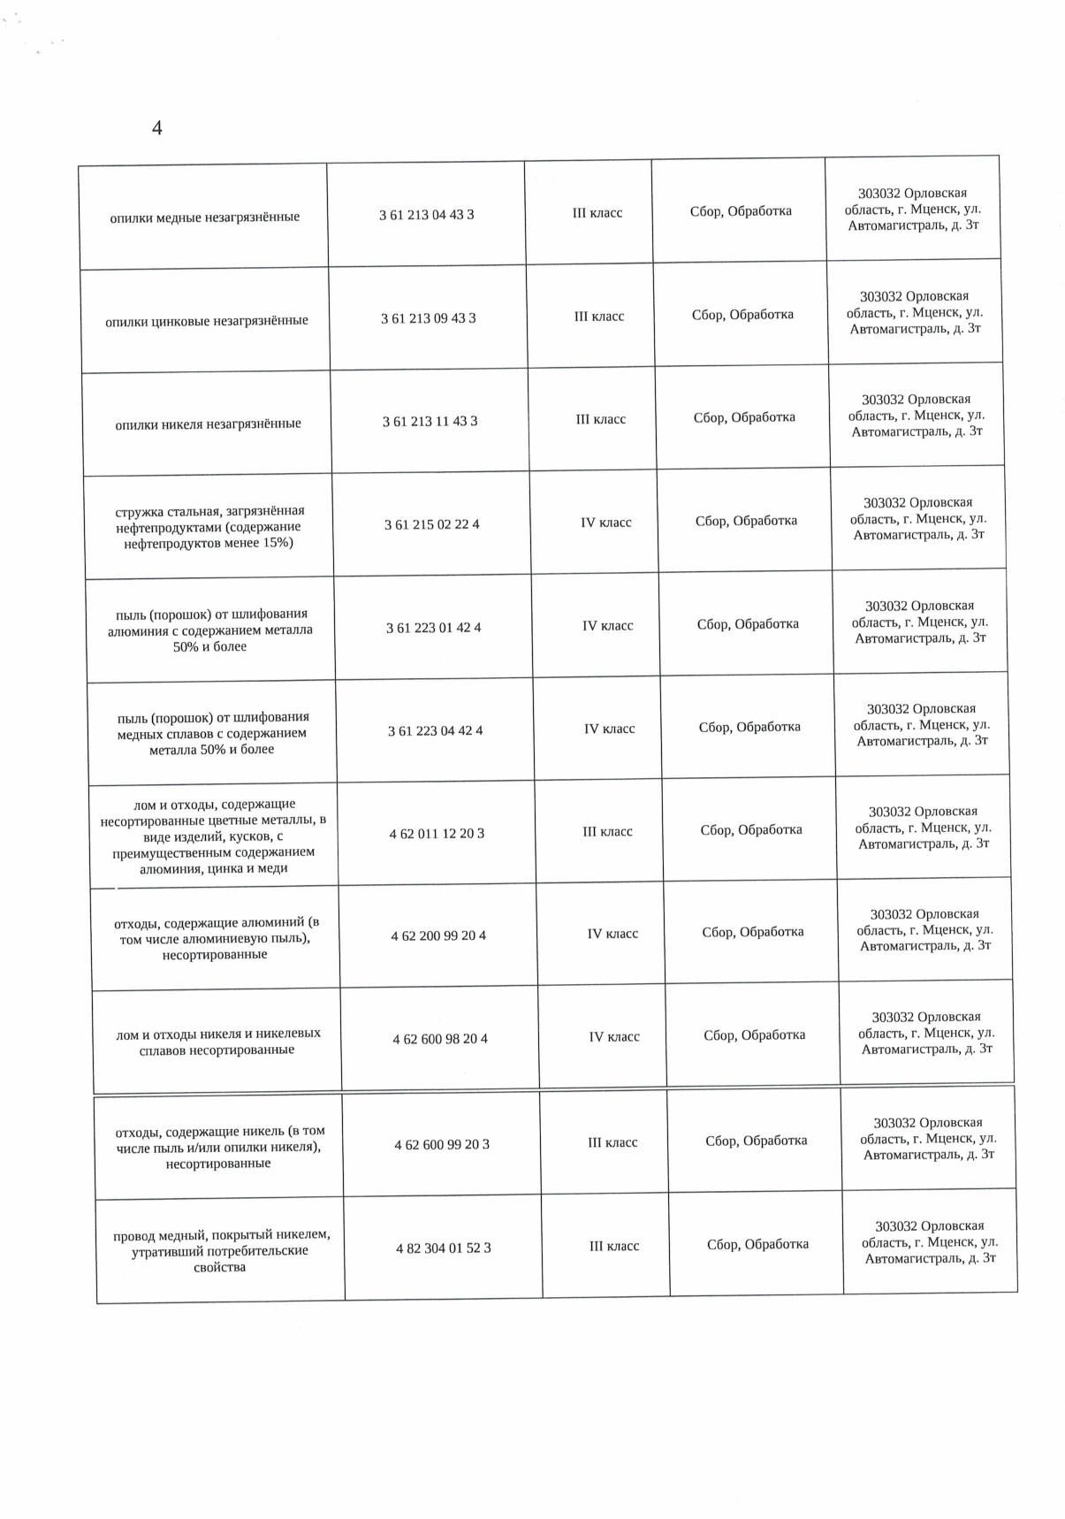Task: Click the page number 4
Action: (157, 128)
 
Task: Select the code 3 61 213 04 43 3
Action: (426, 215)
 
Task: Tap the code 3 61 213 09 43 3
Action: (428, 318)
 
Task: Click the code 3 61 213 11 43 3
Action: (430, 422)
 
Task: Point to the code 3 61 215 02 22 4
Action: (431, 524)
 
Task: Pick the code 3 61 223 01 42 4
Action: (433, 628)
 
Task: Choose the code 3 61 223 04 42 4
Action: (435, 731)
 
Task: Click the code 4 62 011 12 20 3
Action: (437, 834)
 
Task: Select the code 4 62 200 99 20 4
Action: (438, 935)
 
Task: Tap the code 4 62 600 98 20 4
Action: (440, 1039)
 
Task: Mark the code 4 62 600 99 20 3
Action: (442, 1144)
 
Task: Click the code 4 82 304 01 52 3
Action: (444, 1248)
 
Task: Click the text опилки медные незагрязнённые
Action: (204, 218)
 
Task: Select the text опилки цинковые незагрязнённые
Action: (207, 321)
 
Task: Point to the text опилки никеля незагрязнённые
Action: (208, 424)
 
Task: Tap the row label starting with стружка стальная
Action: (209, 526)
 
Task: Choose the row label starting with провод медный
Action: (221, 1250)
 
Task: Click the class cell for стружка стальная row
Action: (605, 523)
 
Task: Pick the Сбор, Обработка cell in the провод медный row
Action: (757, 1244)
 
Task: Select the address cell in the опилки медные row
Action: (913, 210)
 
